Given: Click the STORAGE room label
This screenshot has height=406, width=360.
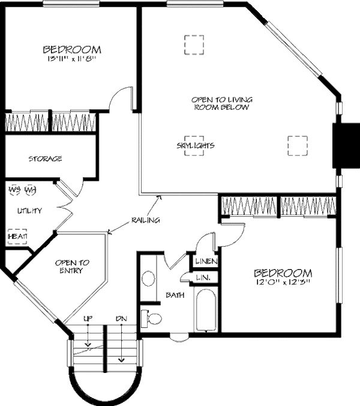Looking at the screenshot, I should tap(46, 159).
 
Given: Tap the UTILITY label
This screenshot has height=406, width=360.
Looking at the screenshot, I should tap(29, 211).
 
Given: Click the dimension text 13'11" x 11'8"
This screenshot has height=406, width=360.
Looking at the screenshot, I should tap(71, 59).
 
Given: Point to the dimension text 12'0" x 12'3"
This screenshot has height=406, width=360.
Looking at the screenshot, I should tap(283, 282).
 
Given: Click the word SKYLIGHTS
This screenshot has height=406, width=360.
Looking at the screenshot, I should tap(196, 145).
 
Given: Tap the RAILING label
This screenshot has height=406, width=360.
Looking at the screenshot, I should tap(145, 220).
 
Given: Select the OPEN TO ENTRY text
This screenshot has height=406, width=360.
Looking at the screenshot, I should tap(73, 267).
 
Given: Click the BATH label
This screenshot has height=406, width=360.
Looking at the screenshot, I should tap(175, 295).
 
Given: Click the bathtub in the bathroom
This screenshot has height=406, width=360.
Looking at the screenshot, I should tap(206, 310).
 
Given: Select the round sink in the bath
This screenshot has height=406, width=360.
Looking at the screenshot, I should tap(148, 278).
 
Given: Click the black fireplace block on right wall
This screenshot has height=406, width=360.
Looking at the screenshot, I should tap(344, 146).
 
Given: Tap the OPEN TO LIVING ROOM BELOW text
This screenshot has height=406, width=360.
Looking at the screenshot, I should tap(221, 103).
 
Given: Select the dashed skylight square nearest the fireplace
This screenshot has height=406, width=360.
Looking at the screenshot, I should tap(296, 145).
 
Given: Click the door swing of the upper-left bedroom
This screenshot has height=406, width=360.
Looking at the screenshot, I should tap(121, 99).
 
